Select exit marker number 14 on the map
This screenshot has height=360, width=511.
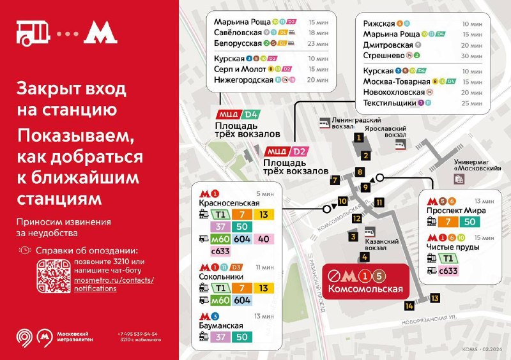[409, 306]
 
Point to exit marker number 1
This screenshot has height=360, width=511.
[360, 137]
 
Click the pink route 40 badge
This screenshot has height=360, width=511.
[263, 239]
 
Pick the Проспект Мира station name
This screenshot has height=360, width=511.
[456, 210]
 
